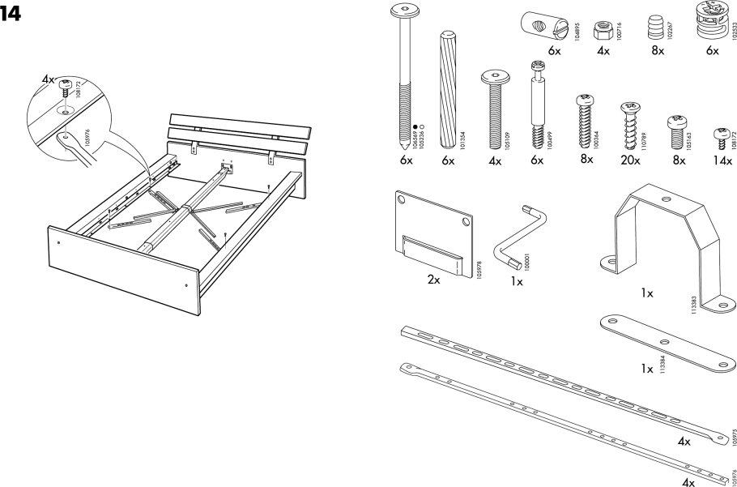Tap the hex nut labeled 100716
(602, 28)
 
